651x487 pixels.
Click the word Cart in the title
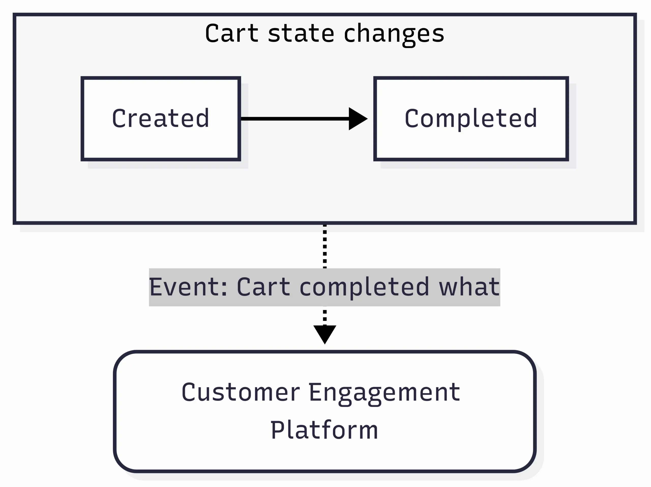[231, 33]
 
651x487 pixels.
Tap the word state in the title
[301, 33]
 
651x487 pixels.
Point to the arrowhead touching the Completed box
[357, 119]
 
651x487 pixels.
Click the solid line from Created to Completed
[294, 119]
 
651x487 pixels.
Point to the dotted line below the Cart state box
[325, 246]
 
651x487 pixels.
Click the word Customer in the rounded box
[241, 393]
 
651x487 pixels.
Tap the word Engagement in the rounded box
[384, 393]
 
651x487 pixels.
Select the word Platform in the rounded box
[324, 430]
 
